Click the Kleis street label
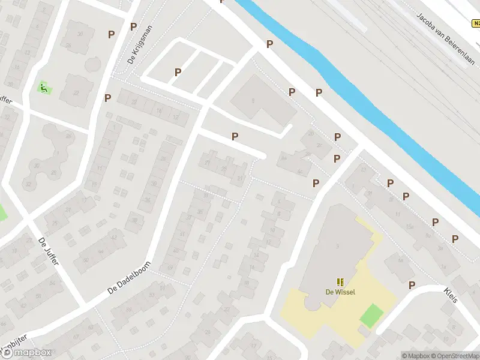click(x=451, y=294)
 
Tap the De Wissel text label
click(x=340, y=292)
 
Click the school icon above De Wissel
click(x=340, y=282)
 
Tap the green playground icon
click(x=44, y=88)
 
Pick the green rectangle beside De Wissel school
click(x=371, y=315)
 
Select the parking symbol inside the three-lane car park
click(x=178, y=72)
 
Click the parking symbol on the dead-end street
click(x=235, y=137)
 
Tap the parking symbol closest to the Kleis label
click(x=412, y=285)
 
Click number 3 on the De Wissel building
click(x=337, y=246)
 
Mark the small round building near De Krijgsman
click(x=92, y=64)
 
